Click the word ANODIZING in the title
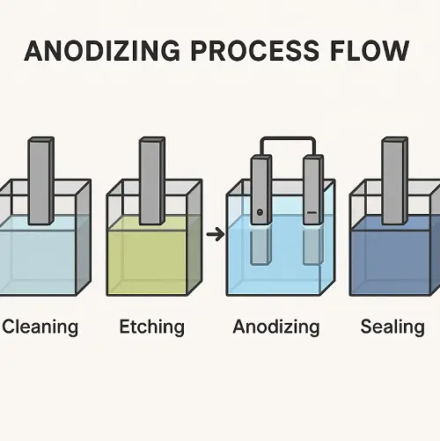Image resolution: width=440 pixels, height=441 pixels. tap(102, 50)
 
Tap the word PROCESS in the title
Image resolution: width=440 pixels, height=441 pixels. tap(255, 50)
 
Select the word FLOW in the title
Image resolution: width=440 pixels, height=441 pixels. tap(370, 50)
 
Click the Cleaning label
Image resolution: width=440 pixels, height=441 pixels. tap(40, 327)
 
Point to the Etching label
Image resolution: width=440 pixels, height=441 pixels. tap(152, 327)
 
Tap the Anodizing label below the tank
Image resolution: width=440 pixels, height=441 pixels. tap(276, 327)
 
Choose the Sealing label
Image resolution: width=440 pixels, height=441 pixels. tap(392, 327)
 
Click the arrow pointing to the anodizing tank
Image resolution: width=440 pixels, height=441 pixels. tap(216, 234)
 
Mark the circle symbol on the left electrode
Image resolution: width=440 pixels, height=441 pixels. tap(260, 212)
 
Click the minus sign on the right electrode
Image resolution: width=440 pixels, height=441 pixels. tap(312, 212)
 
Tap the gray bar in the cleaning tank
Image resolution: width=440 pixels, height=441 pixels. tap(41, 180)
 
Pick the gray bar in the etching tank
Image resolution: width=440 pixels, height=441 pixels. tap(152, 180)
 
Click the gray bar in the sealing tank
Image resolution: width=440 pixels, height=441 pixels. tap(395, 180)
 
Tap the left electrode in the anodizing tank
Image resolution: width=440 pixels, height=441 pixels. tap(261, 190)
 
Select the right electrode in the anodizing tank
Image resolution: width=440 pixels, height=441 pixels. tap(313, 190)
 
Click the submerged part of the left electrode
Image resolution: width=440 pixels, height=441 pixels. tap(260, 246)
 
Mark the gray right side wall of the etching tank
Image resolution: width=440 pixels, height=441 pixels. tap(194, 237)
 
